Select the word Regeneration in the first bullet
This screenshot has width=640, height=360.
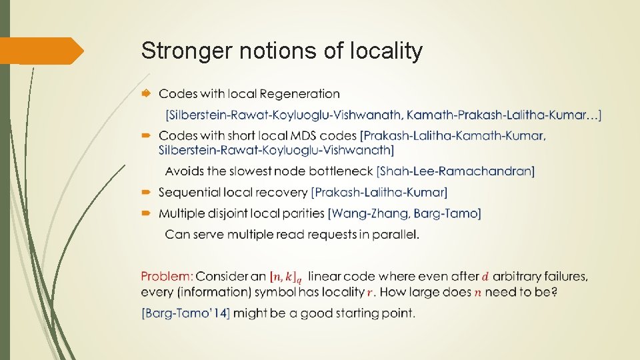(299, 94)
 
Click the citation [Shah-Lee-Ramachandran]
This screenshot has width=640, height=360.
(455, 171)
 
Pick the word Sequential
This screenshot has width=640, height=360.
(189, 193)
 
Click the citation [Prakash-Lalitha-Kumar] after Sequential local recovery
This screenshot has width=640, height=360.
(379, 193)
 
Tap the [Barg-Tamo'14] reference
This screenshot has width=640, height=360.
(185, 313)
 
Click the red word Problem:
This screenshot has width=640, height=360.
(167, 276)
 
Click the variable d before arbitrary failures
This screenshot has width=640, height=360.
(485, 276)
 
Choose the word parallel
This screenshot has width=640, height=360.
(397, 235)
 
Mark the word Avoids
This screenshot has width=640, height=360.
(184, 171)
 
